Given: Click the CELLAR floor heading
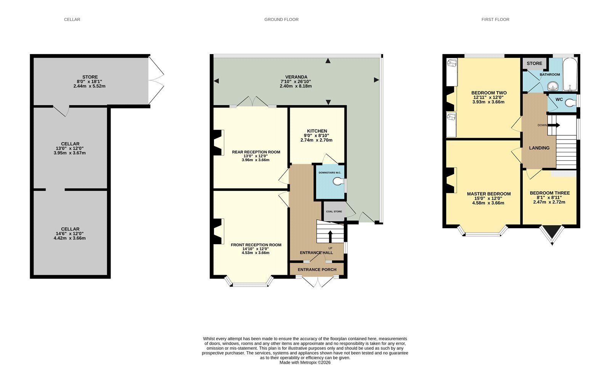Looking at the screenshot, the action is point(72,19).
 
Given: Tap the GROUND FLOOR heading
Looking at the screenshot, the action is point(281,19).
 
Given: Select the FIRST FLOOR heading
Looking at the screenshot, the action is point(495,19).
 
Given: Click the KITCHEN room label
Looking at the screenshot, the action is point(317,131).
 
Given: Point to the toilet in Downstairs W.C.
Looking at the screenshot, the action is point(339,181).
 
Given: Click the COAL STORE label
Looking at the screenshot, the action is point(334,211).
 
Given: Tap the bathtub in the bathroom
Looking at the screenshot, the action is point(570,74).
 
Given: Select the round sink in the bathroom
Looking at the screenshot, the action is point(553,86).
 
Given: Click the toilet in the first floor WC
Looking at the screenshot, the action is point(570,103).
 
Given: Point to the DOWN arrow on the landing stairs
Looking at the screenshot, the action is point(553,125).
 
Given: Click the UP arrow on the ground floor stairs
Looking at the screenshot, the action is point(330,237).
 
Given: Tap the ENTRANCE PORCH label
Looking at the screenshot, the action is point(317,269).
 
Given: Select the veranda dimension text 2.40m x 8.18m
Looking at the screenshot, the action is point(296,86).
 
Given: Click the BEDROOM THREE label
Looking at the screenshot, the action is point(549,193).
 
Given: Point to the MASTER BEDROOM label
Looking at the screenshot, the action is point(489,194).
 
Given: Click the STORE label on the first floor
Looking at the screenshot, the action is point(534,63).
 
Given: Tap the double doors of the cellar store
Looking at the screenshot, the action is point(156,80).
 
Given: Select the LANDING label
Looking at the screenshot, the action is point(539,148).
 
